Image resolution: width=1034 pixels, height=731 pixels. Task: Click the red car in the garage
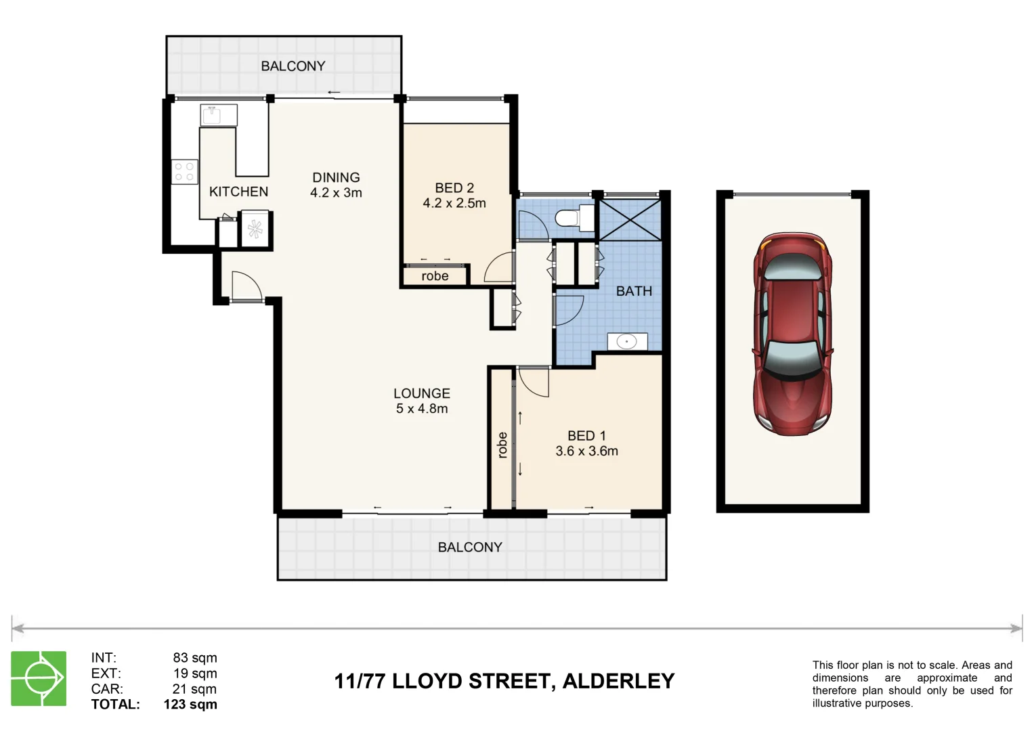click(792, 334)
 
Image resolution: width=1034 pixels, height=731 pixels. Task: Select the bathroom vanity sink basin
click(627, 342)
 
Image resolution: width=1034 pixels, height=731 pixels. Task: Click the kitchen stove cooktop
click(184, 171)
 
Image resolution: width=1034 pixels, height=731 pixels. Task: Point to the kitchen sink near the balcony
click(218, 115)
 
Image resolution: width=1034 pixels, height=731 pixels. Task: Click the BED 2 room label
click(454, 187)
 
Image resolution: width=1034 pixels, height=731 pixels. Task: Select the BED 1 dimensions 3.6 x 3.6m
click(586, 451)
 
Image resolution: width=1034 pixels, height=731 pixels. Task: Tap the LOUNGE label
click(421, 393)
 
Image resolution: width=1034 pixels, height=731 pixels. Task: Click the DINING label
click(336, 177)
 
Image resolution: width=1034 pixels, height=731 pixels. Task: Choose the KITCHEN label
click(238, 192)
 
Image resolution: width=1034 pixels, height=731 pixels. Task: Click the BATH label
click(634, 291)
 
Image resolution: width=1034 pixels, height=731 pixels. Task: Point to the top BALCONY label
click(293, 66)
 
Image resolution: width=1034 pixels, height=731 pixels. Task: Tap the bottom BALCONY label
click(470, 547)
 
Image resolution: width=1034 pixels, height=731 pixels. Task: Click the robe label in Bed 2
click(435, 276)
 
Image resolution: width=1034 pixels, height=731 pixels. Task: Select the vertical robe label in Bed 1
click(502, 445)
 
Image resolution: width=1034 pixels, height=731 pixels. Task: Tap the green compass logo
click(39, 678)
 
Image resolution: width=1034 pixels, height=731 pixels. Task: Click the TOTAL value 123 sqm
click(190, 705)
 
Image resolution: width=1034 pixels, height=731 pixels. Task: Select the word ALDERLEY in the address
click(618, 681)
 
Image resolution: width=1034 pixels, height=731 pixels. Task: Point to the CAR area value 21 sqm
click(194, 689)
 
